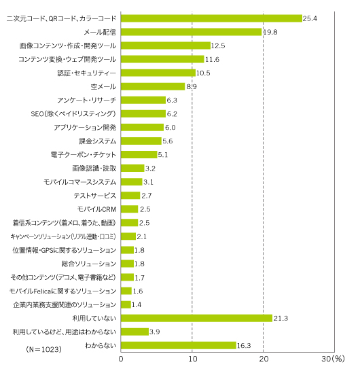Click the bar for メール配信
191,32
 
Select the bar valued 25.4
211,18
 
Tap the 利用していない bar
196,318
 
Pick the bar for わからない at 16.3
179,345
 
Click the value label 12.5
218,46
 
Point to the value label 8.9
192,86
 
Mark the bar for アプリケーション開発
142,127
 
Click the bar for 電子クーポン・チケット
139,154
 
